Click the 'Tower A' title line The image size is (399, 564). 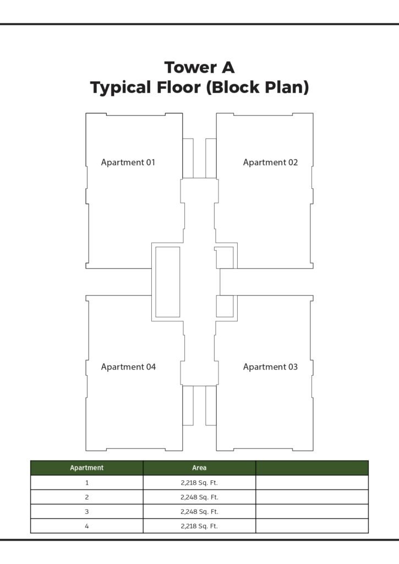pyautogui.click(x=199, y=67)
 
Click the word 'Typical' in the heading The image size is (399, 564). pyautogui.click(x=121, y=88)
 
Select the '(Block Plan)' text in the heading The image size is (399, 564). pyautogui.click(x=258, y=88)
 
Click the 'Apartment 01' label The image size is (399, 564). pyautogui.click(x=128, y=162)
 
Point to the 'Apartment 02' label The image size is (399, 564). pyautogui.click(x=270, y=162)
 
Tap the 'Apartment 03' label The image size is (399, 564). pyautogui.click(x=270, y=367)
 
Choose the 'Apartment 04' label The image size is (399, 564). pyautogui.click(x=128, y=367)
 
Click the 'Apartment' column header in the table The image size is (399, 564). pyautogui.click(x=86, y=468)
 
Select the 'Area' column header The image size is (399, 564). pyautogui.click(x=199, y=468)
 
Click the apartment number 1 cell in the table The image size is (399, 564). pyautogui.click(x=86, y=482)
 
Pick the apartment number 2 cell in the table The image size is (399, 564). pyautogui.click(x=86, y=497)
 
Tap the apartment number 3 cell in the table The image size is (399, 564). pyautogui.click(x=86, y=512)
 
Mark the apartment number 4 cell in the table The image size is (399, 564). pyautogui.click(x=86, y=526)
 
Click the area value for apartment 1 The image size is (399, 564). pyautogui.click(x=199, y=482)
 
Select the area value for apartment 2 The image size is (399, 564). pyautogui.click(x=199, y=497)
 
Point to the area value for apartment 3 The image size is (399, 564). pyautogui.click(x=199, y=512)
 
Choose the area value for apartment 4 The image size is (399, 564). pyautogui.click(x=199, y=526)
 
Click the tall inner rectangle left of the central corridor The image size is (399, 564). pyautogui.click(x=156, y=282)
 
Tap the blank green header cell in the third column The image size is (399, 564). pyautogui.click(x=312, y=468)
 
